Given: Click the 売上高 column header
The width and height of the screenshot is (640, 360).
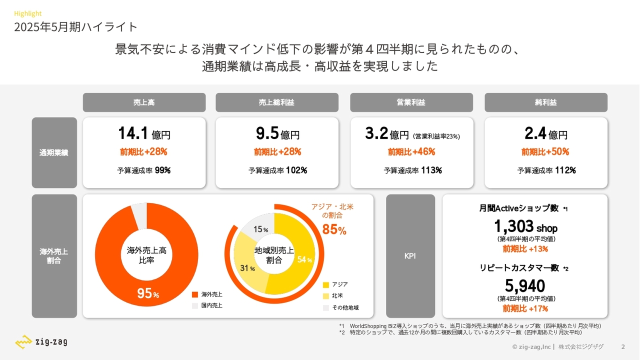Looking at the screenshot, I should coord(144,102).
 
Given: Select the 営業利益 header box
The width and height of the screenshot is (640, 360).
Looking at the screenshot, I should coord(411,102).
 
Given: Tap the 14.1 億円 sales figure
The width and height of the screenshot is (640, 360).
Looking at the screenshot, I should coord(144,133).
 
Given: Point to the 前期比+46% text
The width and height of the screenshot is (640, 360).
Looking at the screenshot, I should coord(411,151).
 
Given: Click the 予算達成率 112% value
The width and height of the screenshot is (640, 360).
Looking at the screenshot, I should coord(546,170).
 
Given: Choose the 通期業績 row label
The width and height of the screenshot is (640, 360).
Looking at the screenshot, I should coord(54,152).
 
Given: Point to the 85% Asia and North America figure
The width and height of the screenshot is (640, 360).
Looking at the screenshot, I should coord(334,230).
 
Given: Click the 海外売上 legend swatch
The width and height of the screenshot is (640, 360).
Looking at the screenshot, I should coord(195,294).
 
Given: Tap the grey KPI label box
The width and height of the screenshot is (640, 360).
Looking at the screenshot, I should coord(410,256).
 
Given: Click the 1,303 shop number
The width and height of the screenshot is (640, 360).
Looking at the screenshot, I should coord(525,226).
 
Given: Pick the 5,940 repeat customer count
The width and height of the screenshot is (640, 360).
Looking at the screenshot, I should coord(525,286).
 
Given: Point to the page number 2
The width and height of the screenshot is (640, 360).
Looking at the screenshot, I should coord(622,346).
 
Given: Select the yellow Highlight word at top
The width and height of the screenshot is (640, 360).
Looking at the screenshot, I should coord(27,13).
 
